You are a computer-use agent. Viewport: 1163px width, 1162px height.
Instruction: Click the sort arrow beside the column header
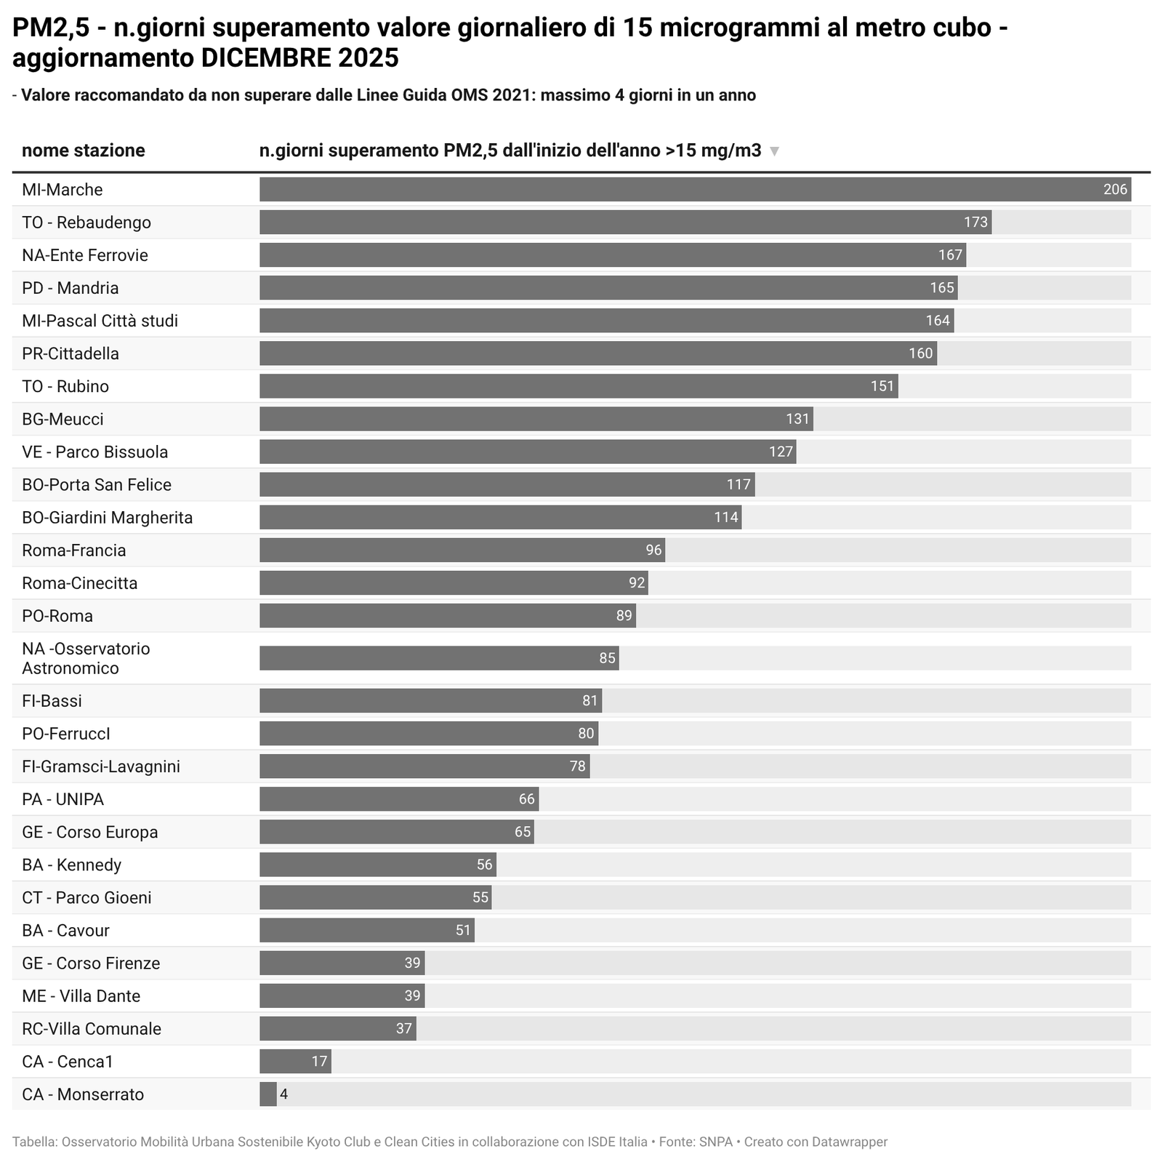pyautogui.click(x=774, y=151)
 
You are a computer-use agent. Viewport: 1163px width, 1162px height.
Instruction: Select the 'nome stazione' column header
pyautogui.click(x=83, y=151)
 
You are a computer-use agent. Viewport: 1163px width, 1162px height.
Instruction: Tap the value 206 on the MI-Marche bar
pyautogui.click(x=1114, y=190)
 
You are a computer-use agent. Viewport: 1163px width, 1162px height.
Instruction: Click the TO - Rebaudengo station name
pyautogui.click(x=86, y=223)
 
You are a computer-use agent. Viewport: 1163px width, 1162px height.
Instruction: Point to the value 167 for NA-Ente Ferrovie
pyautogui.click(x=950, y=255)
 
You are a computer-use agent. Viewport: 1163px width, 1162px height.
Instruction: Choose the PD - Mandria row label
pyautogui.click(x=71, y=288)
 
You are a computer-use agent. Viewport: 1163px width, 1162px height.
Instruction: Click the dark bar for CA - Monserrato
pyautogui.click(x=268, y=1094)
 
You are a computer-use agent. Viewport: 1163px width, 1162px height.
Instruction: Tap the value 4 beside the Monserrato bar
pyautogui.click(x=284, y=1094)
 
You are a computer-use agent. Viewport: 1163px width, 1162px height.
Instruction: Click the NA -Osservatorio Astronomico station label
pyautogui.click(x=86, y=658)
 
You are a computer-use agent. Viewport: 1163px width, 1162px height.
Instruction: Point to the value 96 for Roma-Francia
pyautogui.click(x=653, y=550)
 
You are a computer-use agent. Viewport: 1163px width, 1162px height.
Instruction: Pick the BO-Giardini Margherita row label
pyautogui.click(x=108, y=518)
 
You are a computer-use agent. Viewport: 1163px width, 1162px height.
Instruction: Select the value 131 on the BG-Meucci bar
pyautogui.click(x=797, y=420)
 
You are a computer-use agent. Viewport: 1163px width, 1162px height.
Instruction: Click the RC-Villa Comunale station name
pyautogui.click(x=92, y=1029)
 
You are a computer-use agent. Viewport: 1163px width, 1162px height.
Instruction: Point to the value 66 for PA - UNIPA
pyautogui.click(x=526, y=800)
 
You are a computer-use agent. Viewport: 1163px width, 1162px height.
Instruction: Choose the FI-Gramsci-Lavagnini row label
pyautogui.click(x=101, y=766)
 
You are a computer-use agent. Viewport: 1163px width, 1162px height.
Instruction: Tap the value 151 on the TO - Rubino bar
pyautogui.click(x=882, y=386)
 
